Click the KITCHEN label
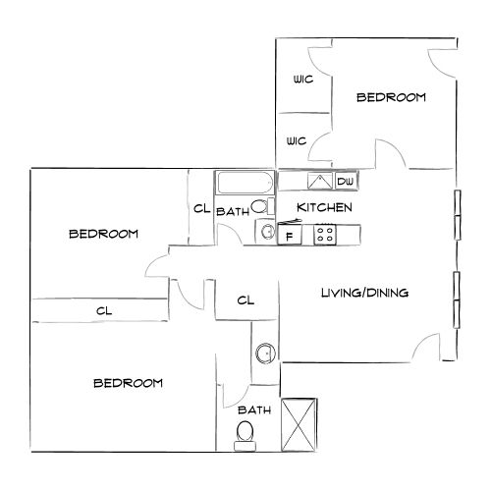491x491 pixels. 324,208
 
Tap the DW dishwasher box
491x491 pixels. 346,182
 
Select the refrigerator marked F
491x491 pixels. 289,235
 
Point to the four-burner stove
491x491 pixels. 325,235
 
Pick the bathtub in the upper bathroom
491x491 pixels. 245,184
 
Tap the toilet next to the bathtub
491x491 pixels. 258,207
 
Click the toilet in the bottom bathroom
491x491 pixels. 245,431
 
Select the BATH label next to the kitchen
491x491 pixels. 232,211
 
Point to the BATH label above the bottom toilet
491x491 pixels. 252,409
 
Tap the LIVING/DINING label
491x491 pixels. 364,293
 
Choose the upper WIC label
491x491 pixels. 301,80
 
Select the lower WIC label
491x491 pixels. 298,141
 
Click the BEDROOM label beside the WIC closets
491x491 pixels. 391,97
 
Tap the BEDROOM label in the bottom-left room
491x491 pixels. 128,382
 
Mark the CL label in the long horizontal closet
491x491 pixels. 102,310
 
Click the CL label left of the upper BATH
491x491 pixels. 201,208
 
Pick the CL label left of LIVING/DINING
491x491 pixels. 245,300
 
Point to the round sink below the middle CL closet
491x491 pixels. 263,354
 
